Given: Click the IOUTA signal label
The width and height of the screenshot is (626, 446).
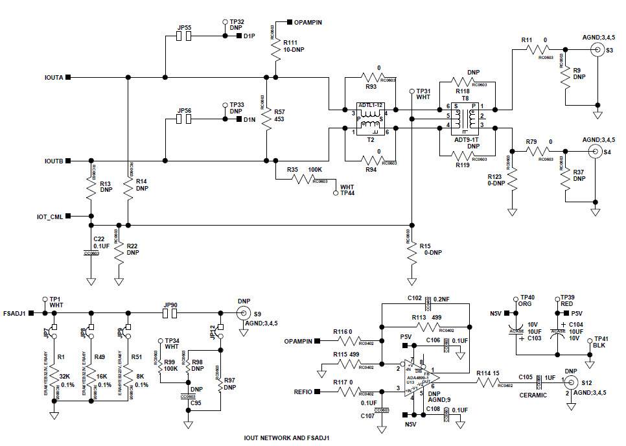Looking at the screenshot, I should (x=53, y=77).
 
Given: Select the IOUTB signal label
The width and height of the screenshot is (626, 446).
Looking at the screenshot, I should (x=53, y=160).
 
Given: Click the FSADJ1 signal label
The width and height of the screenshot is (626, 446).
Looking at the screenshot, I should (x=14, y=313).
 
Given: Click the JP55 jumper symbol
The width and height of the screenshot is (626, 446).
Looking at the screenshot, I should (x=184, y=36).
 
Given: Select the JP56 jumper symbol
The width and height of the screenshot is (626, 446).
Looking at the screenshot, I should (x=184, y=119).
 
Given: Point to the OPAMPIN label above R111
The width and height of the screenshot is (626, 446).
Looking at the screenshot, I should (x=308, y=22).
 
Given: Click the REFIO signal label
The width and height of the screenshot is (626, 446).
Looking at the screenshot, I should (x=303, y=392).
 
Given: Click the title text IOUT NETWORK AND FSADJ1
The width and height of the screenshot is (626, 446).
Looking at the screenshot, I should (x=286, y=438).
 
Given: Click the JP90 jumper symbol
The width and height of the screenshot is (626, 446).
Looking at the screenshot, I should (x=172, y=313).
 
